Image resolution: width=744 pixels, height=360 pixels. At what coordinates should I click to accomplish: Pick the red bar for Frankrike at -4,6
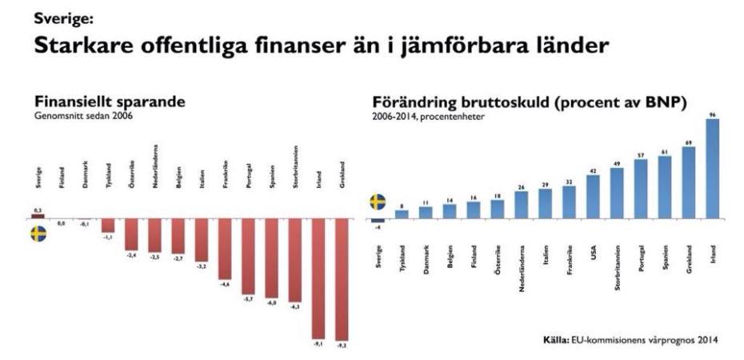click(225, 247)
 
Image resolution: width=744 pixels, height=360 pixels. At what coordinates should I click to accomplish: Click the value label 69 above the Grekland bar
click(689, 142)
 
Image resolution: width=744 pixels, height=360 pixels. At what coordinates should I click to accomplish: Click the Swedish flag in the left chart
click(38, 234)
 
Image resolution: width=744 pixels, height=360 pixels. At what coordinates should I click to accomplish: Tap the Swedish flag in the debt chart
click(378, 201)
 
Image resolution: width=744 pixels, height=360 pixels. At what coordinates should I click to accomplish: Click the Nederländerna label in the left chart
click(154, 164)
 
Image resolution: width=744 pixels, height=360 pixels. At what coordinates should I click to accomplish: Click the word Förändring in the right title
click(413, 103)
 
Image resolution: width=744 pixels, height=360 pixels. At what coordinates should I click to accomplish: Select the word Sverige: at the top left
click(57, 14)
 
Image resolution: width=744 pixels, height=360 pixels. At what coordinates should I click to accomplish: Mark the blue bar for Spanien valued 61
click(665, 186)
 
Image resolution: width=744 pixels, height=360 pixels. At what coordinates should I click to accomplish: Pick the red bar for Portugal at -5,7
click(248, 255)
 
